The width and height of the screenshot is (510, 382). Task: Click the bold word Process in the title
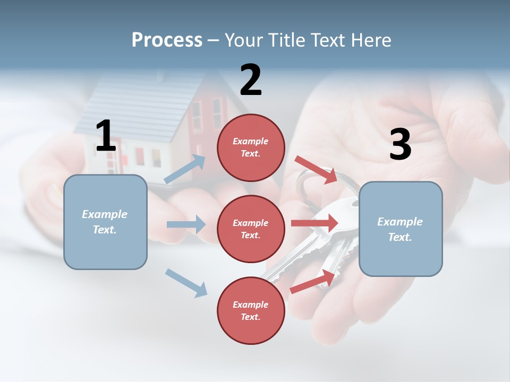click(167, 40)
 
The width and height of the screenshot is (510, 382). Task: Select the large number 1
click(106, 136)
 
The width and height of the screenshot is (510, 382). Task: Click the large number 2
click(251, 80)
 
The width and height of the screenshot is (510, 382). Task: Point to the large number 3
click(400, 144)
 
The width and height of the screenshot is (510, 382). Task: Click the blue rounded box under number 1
click(105, 222)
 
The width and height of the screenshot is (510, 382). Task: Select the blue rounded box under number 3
click(401, 229)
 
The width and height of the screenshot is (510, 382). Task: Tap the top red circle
click(251, 147)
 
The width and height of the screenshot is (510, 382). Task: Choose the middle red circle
click(251, 229)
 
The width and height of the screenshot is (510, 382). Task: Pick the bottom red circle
click(251, 310)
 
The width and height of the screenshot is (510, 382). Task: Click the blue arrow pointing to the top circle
click(185, 169)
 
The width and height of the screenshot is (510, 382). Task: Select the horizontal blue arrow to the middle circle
click(186, 224)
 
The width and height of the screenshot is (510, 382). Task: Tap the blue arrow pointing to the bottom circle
click(186, 283)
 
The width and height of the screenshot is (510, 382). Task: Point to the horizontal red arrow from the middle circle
click(314, 223)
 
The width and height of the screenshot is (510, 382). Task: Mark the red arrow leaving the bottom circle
click(313, 281)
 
